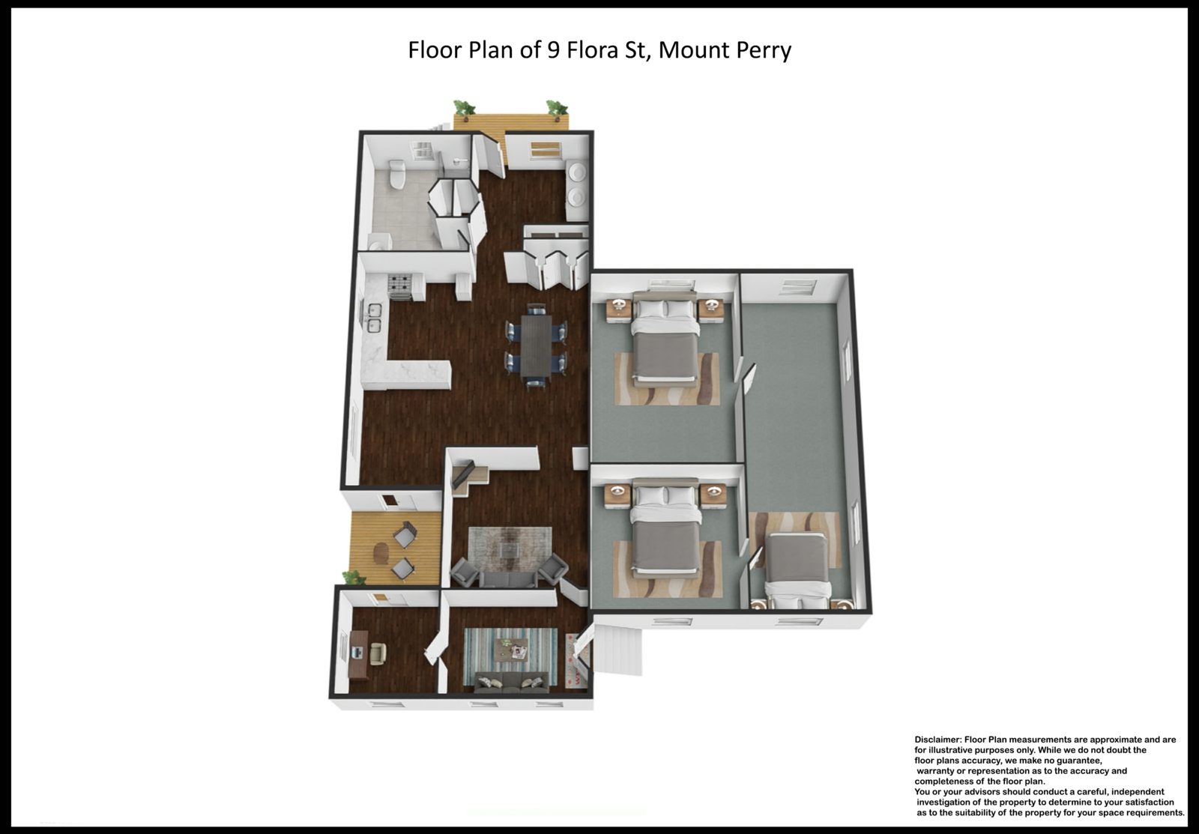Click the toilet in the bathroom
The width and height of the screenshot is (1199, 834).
[396, 174]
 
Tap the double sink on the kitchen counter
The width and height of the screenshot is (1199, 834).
[374, 318]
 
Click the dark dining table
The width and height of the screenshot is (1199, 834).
[537, 345]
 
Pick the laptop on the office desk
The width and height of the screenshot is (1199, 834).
[357, 652]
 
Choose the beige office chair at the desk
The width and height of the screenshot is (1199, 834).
[378, 653]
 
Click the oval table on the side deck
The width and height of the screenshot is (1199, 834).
[381, 553]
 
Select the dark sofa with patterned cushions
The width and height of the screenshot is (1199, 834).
[511, 683]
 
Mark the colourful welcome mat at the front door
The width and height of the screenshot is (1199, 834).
[576, 661]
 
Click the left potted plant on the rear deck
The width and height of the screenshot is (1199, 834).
[464, 109]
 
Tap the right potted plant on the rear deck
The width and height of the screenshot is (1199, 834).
[557, 108]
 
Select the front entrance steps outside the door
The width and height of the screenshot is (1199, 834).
[618, 650]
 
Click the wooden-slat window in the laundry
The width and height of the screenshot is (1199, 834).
[546, 149]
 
